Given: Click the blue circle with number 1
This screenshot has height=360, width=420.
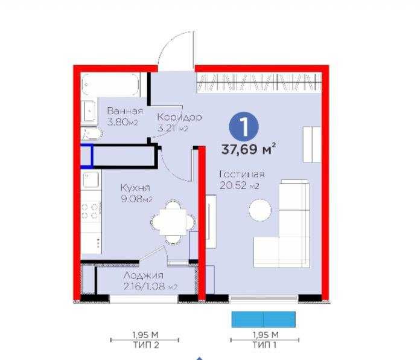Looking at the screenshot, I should [244, 127].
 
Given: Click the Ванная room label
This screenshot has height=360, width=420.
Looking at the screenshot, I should [125, 111].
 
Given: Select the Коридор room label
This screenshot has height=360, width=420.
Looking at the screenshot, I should [179, 117].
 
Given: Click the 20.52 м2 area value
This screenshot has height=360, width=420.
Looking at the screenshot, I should [240, 185].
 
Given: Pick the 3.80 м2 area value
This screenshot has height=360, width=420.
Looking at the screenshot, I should [123, 121].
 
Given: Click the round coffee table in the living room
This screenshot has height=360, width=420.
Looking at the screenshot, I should [260, 210].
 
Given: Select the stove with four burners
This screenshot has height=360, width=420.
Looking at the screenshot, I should [91, 211].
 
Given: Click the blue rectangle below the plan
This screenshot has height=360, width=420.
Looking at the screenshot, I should [264, 320].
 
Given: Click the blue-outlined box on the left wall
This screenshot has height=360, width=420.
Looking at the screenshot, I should [87, 155].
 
